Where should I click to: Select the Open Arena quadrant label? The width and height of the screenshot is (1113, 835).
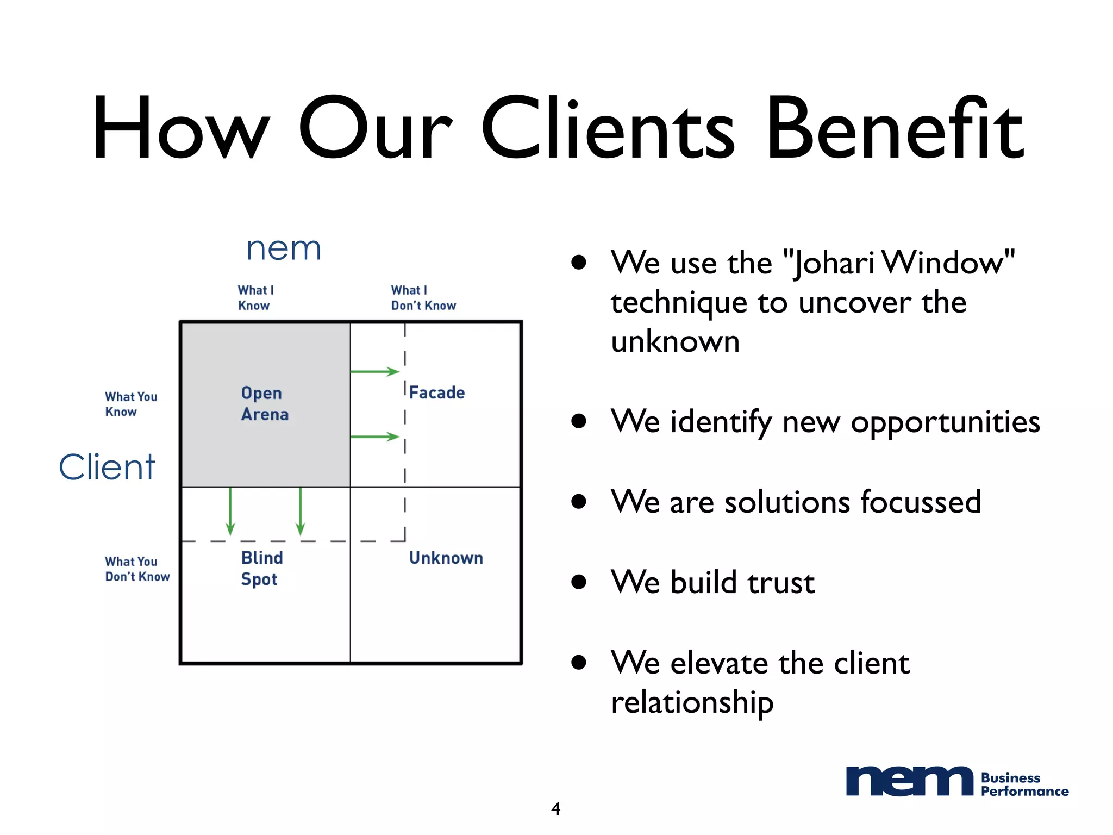point(265,403)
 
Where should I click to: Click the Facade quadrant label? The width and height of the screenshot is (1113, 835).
point(436,392)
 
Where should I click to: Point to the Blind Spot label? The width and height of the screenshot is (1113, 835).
point(261,568)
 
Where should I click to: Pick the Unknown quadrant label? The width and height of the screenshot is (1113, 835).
point(446,558)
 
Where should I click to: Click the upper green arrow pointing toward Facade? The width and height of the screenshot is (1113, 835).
point(375,372)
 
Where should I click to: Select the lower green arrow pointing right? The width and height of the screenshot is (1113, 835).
point(375,437)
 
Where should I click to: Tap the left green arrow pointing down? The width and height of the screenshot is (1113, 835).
point(230,511)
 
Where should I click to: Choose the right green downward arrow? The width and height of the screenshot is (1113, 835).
point(301,511)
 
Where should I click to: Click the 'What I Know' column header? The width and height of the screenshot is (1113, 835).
point(255,298)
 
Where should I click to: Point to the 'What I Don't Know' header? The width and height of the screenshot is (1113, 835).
point(423,298)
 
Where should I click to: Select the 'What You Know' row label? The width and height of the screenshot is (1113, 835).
point(131,404)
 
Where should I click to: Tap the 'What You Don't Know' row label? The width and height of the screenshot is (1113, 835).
point(137,569)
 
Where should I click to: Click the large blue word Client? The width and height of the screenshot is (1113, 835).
point(107,467)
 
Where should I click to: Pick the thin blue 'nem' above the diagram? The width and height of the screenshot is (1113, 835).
point(284,249)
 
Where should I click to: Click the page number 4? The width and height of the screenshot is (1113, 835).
point(555,809)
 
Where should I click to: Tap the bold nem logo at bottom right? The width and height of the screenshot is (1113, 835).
point(909,782)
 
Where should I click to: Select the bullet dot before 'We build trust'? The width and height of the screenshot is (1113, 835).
point(579,582)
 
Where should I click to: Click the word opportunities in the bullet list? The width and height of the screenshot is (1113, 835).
point(945,422)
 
